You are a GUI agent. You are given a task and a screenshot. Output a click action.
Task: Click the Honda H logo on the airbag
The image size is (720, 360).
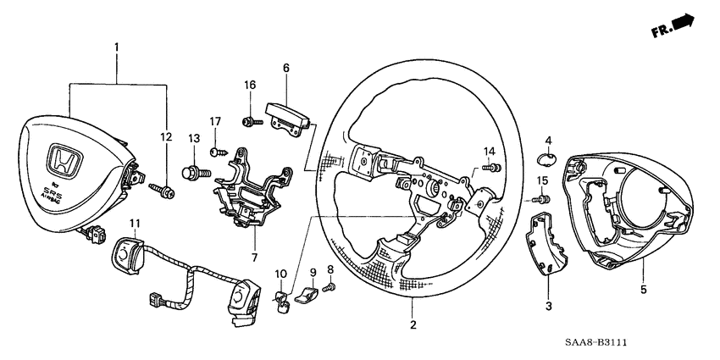[x=60, y=158]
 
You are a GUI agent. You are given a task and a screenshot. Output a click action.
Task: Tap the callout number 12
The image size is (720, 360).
[x=165, y=136]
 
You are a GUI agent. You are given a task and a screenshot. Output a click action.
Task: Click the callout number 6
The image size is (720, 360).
[x=286, y=68]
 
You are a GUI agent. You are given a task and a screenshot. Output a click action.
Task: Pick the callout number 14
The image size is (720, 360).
[x=489, y=152]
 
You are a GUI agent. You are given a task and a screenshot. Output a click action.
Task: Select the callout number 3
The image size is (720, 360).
[x=548, y=305]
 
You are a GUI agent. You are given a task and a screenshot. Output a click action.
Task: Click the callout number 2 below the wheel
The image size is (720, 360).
[x=413, y=324]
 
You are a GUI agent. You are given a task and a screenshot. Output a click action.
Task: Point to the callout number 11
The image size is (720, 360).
[x=133, y=223]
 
